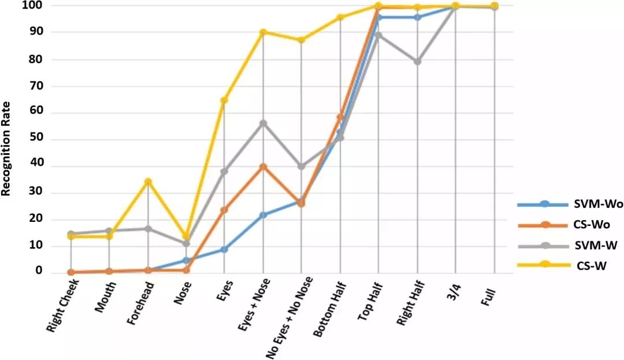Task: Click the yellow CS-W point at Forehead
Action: pos(148,182)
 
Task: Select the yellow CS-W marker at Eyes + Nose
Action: pos(263,32)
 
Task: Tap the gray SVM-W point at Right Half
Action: pos(417,61)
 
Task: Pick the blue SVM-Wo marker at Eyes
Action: pos(224,250)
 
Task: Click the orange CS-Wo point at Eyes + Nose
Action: pos(263,166)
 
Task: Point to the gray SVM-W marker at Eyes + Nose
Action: pos(263,123)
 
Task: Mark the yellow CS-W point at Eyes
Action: pos(224,101)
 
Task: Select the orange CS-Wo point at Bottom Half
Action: pos(340,117)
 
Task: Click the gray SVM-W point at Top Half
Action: pos(378,35)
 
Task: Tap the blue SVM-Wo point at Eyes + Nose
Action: pos(263,215)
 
